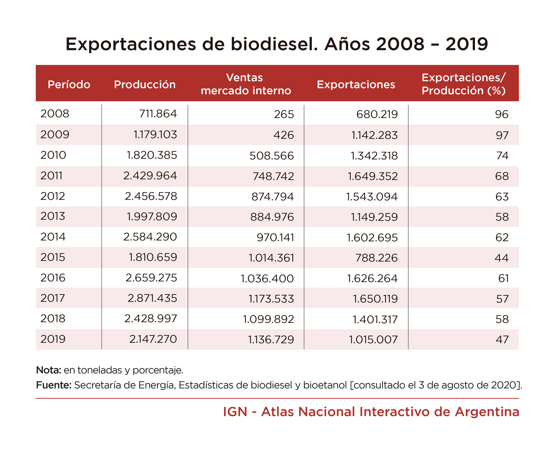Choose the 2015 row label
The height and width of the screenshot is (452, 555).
(53, 257)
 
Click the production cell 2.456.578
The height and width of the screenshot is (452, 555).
(151, 196)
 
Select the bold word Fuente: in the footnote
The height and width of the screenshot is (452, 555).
(54, 385)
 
